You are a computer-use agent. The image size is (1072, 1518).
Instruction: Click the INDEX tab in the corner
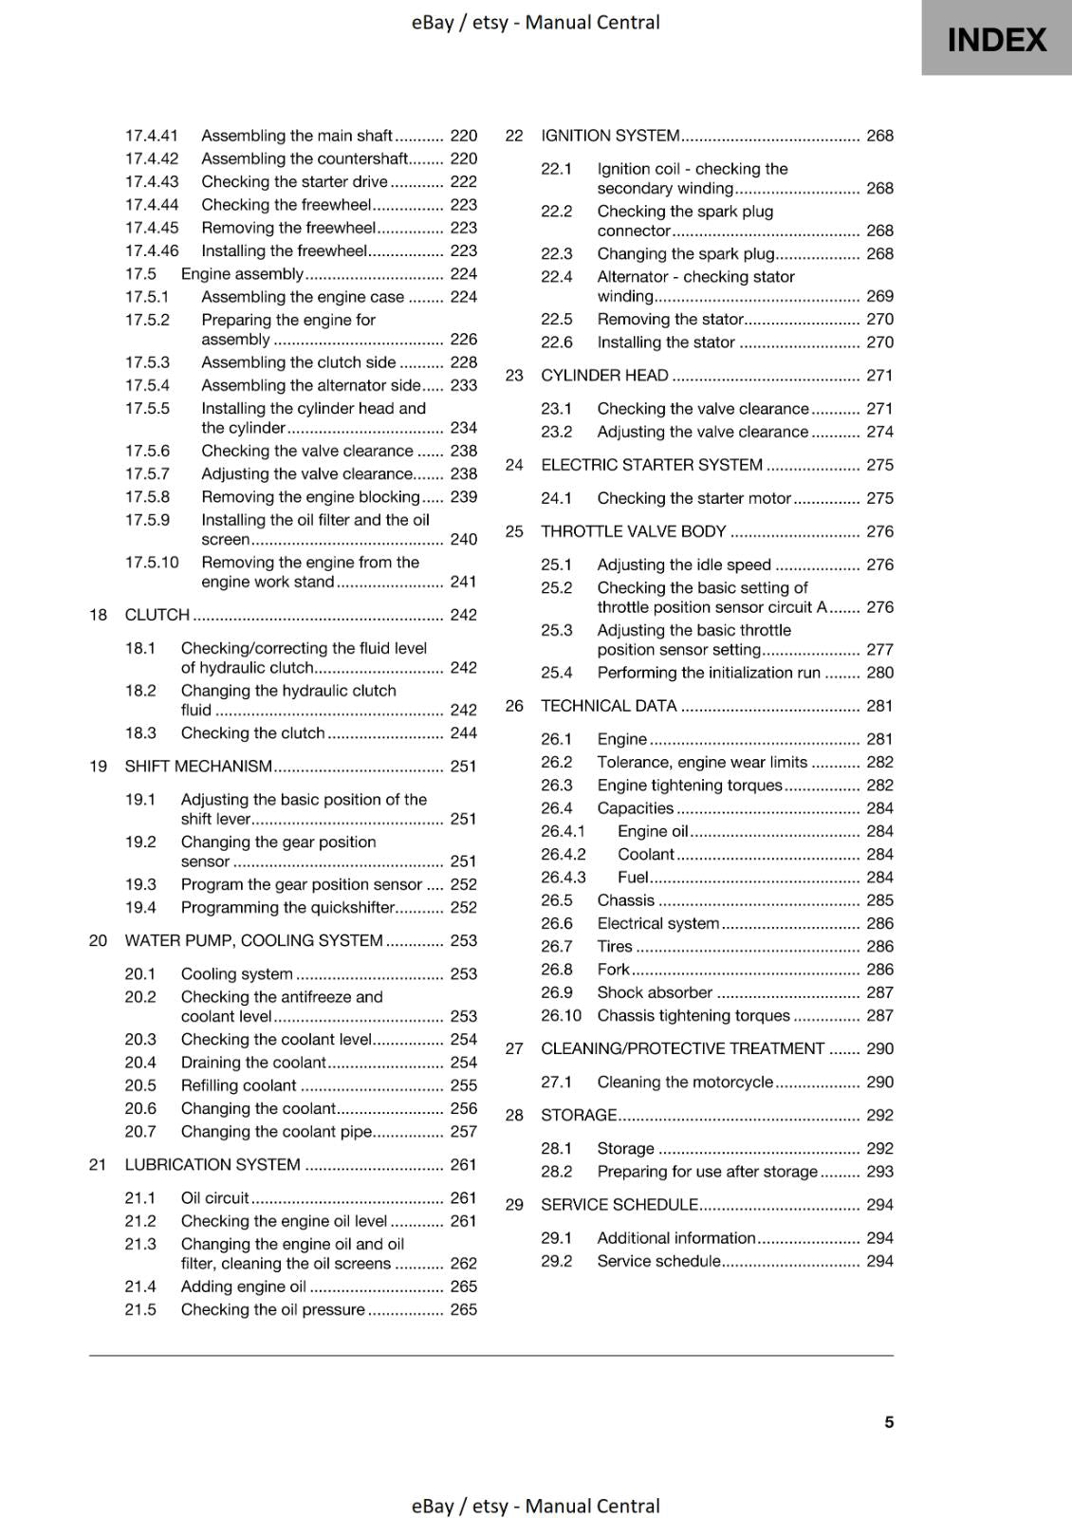(996, 39)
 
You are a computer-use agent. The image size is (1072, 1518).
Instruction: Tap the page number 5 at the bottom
(889, 1422)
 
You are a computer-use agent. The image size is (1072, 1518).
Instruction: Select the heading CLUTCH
(157, 615)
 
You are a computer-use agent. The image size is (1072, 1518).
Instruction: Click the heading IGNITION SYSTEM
(610, 136)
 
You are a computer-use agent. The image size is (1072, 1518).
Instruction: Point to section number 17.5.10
(152, 563)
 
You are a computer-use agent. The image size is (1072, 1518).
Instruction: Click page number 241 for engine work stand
(463, 582)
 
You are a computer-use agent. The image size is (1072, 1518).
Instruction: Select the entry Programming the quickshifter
(287, 908)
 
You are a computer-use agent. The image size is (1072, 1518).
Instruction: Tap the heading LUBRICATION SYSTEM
(213, 1165)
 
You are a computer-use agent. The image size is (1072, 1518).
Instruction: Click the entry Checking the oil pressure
(272, 1310)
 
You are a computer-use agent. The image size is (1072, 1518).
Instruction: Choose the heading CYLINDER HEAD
(604, 376)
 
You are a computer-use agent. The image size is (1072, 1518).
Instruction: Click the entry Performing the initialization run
(709, 673)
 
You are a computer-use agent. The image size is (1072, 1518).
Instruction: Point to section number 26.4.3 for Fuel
(564, 878)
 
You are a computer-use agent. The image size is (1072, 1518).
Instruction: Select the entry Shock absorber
(655, 992)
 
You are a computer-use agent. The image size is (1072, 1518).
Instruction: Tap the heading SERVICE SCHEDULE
(619, 1205)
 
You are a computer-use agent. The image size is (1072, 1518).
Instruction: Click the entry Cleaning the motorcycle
(685, 1083)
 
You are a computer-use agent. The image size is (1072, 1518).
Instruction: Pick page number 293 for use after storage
(879, 1172)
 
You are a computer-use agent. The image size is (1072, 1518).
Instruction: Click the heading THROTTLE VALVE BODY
(633, 532)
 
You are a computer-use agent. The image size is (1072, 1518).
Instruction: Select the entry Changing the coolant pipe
(276, 1132)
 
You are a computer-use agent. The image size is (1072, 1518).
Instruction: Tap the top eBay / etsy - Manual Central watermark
(536, 22)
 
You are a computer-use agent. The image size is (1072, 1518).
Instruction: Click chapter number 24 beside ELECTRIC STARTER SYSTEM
(514, 466)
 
